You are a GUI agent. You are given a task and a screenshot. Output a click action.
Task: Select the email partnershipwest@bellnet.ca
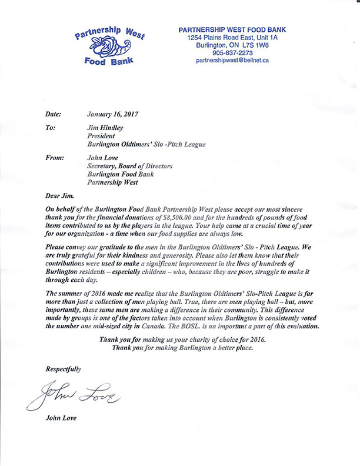(232, 60)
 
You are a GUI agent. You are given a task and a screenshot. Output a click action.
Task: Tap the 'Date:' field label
(53, 115)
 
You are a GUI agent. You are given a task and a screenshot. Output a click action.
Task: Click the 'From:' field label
(55, 158)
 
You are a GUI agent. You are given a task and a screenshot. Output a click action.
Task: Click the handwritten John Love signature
(73, 397)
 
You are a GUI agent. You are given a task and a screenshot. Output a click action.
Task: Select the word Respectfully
(63, 370)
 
